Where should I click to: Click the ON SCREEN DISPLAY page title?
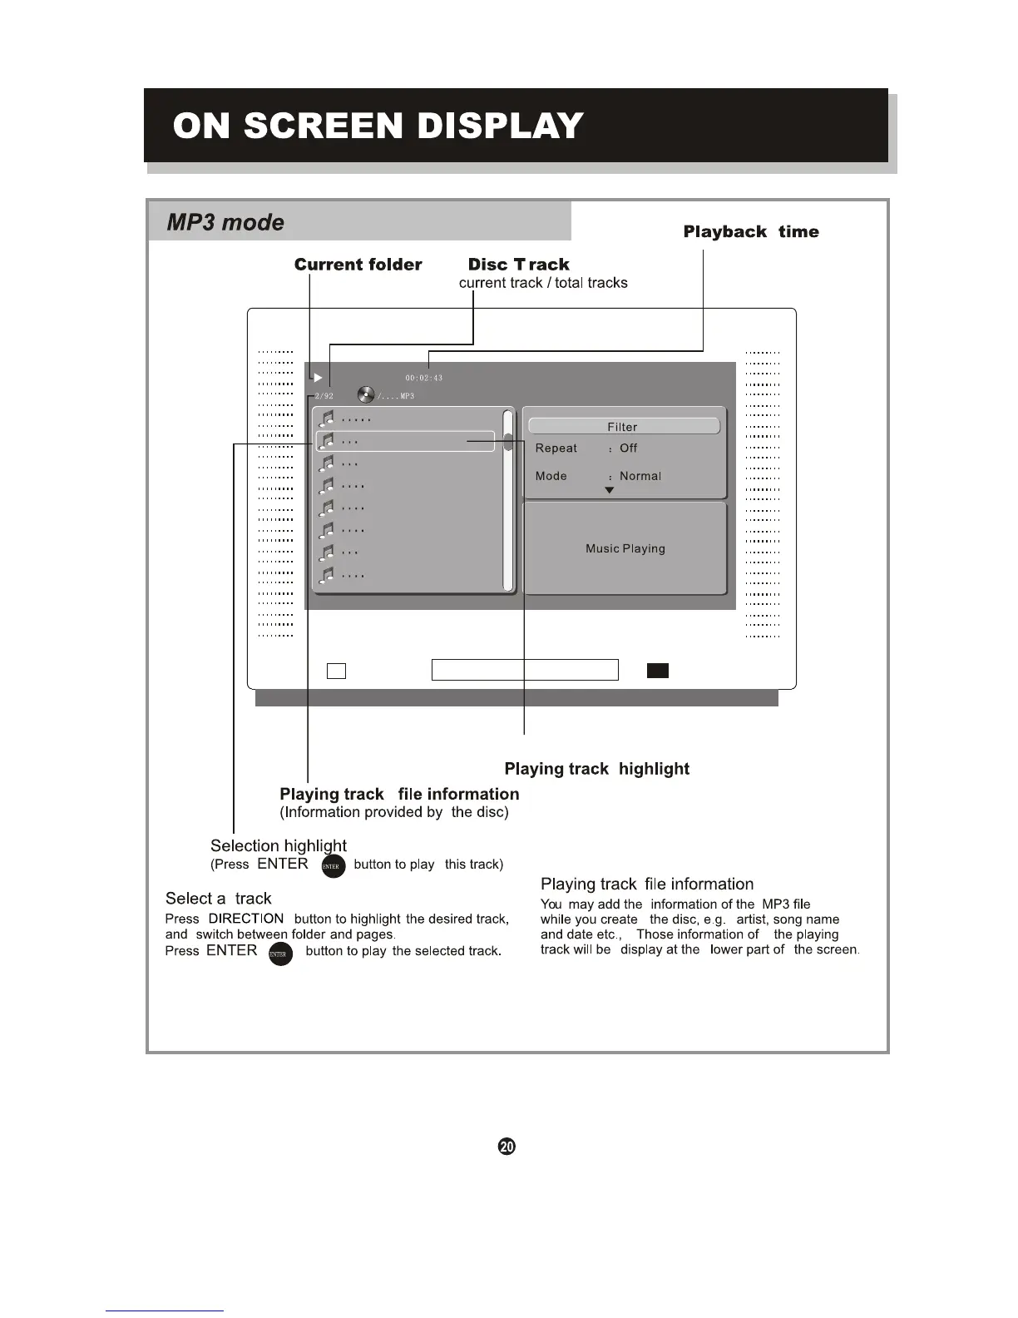[378, 126]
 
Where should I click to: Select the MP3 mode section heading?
[225, 222]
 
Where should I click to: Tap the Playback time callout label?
[750, 231]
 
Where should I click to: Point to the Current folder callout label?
[358, 265]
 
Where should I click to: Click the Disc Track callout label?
[518, 265]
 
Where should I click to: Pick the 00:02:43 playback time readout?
[423, 379]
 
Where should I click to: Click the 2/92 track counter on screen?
[324, 396]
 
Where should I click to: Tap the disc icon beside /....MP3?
[365, 394]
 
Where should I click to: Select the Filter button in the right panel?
[623, 426]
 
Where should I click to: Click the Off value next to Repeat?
[628, 448]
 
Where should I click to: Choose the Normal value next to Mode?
[640, 476]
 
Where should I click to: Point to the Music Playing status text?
[625, 548]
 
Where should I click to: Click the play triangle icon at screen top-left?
[318, 378]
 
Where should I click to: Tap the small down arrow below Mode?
[609, 491]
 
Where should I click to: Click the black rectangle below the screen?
[657, 670]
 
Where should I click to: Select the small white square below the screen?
[336, 670]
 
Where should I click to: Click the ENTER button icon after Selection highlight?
[332, 866]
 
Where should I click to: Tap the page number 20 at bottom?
[506, 1147]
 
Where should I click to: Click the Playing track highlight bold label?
[596, 769]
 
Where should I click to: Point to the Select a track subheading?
[218, 898]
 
